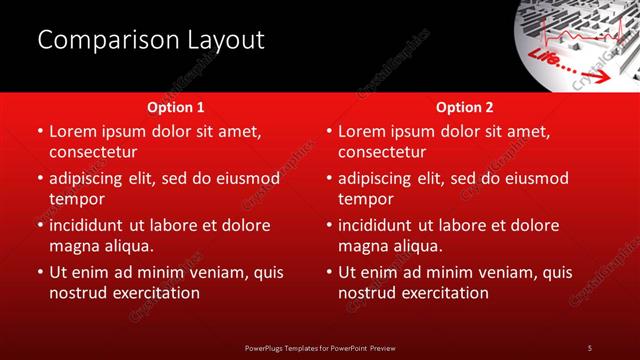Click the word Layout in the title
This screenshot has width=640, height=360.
226,40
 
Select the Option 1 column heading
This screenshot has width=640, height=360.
176,107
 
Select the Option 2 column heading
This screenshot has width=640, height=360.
465,107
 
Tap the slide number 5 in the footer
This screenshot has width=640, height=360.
590,347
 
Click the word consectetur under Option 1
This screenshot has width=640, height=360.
93,152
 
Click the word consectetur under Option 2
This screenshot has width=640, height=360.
382,152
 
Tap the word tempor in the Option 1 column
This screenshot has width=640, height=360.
73,199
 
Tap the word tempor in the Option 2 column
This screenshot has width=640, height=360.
362,199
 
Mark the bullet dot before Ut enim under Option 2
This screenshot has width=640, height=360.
329,273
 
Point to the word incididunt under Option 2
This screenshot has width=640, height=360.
376,225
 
